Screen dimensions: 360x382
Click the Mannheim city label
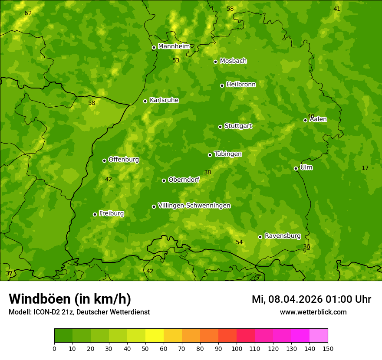tap(174, 46)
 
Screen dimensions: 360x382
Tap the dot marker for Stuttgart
tap(220, 127)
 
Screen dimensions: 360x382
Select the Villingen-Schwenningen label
tap(194, 206)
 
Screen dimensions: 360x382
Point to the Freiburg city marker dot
tap(95, 214)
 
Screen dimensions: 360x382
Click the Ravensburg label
tap(283, 236)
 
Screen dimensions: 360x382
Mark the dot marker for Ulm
tap(296, 168)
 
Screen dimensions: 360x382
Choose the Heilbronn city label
tap(241, 85)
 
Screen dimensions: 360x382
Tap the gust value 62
tap(28, 13)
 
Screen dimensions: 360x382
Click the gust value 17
tap(365, 168)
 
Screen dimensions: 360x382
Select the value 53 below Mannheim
tap(176, 61)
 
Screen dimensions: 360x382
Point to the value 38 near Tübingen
tap(207, 173)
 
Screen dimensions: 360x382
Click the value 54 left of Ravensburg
tap(239, 242)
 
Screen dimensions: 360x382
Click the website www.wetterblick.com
tap(313, 312)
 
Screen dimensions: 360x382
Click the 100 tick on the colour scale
tap(237, 348)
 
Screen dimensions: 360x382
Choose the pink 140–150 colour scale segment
tap(319, 336)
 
